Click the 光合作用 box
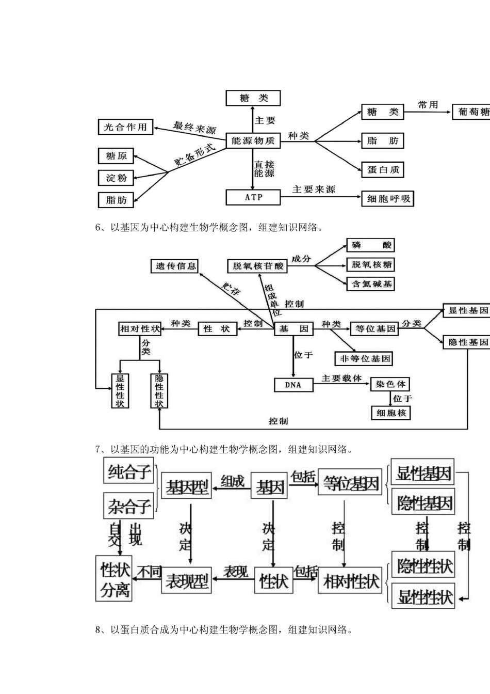(125, 127)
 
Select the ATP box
(253, 197)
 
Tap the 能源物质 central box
(253, 140)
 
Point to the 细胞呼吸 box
(388, 198)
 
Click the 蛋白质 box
(383, 169)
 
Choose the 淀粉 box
(116, 178)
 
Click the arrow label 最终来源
(194, 127)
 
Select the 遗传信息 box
(176, 266)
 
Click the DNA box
(293, 385)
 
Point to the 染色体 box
(390, 384)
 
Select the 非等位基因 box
(364, 358)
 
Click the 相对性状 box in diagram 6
(140, 328)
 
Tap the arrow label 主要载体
(341, 378)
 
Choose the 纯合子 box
(129, 472)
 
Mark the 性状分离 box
(115, 579)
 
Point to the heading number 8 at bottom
(98, 629)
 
